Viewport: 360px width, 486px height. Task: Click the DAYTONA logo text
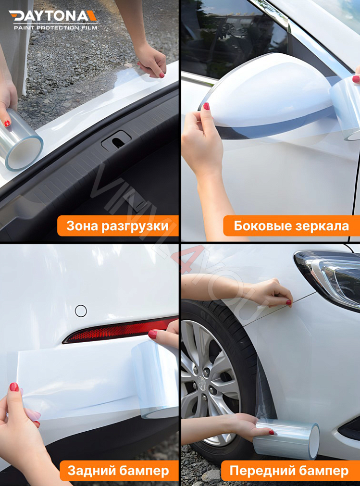pyautogui.click(x=53, y=16)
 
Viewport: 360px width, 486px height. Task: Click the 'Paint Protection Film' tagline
pyautogui.click(x=55, y=28)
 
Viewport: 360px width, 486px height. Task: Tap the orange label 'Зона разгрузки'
pyautogui.click(x=118, y=226)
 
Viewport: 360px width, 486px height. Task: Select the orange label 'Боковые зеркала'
pyautogui.click(x=291, y=226)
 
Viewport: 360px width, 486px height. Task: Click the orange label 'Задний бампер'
pyautogui.click(x=118, y=471)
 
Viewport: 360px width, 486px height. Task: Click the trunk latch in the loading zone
pyautogui.click(x=116, y=140)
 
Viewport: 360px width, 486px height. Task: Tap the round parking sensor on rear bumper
pyautogui.click(x=81, y=311)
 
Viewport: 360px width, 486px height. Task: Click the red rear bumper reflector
pyautogui.click(x=115, y=330)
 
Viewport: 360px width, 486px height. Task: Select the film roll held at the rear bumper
pyautogui.click(x=155, y=377)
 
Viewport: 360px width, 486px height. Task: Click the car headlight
pyautogui.click(x=332, y=276)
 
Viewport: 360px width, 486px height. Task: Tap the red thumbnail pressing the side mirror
pyautogui.click(x=206, y=106)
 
